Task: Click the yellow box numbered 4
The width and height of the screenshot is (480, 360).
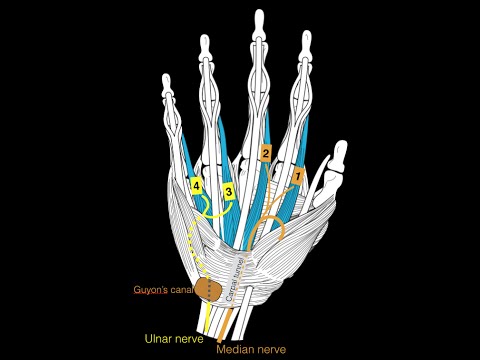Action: coord(197,187)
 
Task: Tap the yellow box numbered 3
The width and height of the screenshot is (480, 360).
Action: coord(229,190)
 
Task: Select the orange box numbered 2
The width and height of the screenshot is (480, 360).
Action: coord(265,153)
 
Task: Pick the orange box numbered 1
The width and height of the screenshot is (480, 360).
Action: coord(295,176)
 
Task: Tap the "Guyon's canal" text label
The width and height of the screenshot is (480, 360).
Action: coord(164,290)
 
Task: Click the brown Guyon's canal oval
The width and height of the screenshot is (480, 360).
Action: coord(209,289)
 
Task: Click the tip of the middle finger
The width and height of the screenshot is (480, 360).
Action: coord(259,17)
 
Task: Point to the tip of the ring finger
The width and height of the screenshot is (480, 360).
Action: coord(207,43)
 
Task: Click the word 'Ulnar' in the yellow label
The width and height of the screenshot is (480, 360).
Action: coord(160,339)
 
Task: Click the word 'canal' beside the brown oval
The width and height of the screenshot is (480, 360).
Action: coord(183,290)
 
